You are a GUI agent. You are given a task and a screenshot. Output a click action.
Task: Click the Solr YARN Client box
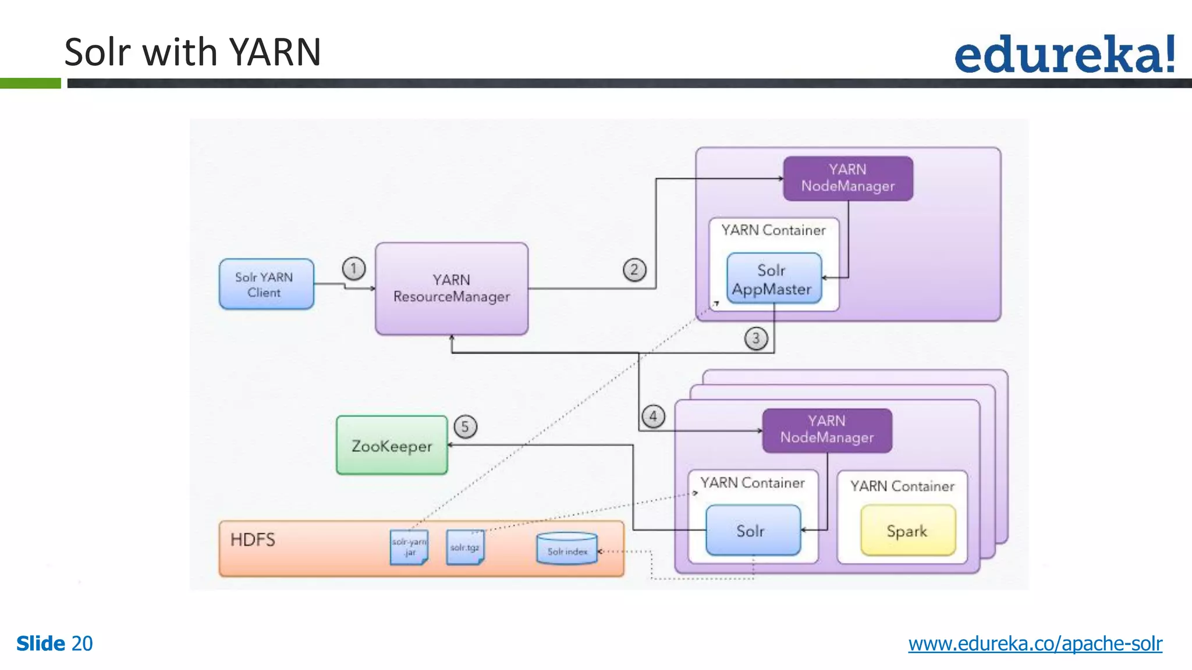click(x=266, y=284)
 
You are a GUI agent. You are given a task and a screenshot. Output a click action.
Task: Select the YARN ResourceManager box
click(x=452, y=288)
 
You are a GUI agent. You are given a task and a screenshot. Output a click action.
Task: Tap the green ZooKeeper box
click(x=392, y=446)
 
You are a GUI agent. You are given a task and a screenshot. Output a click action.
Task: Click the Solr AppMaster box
click(x=774, y=279)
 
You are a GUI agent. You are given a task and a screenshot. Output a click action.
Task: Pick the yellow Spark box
click(x=907, y=530)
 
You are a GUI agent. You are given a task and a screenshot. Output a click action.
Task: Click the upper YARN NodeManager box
click(x=847, y=178)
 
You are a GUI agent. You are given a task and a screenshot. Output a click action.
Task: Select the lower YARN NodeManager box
click(x=826, y=430)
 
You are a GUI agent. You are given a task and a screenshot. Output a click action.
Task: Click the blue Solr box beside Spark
click(x=753, y=530)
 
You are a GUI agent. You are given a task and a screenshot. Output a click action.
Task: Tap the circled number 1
click(x=354, y=269)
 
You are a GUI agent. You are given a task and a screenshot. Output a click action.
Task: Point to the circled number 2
click(x=634, y=270)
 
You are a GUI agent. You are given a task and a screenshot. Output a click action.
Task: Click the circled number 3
click(x=756, y=338)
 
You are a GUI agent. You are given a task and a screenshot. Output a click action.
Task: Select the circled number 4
click(x=653, y=416)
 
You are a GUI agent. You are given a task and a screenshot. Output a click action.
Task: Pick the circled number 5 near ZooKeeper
click(x=465, y=427)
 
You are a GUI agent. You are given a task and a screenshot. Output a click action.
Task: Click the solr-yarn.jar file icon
click(x=409, y=547)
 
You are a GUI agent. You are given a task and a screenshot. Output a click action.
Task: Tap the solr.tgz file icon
click(x=465, y=547)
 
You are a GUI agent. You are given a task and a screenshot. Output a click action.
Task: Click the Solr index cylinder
click(x=567, y=548)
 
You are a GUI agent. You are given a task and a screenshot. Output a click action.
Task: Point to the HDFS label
click(x=253, y=540)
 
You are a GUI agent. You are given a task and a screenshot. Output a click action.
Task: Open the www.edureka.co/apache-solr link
click(x=1035, y=644)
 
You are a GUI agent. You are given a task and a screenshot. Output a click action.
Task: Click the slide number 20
click(x=82, y=644)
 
